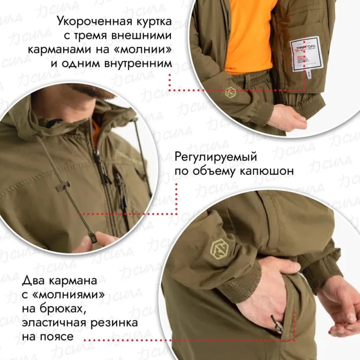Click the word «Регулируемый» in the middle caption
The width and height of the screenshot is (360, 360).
point(215,158)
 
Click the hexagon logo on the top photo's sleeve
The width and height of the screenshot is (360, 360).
point(231,92)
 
